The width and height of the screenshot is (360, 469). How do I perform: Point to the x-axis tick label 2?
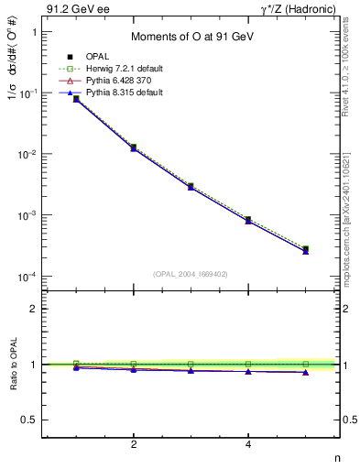pyautogui.click(x=134, y=444)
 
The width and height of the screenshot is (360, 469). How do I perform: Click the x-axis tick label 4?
pyautogui.click(x=248, y=444)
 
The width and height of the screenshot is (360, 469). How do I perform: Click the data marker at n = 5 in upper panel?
pyautogui.click(x=305, y=249)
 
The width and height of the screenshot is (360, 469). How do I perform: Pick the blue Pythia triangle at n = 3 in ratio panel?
pyautogui.click(x=191, y=371)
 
